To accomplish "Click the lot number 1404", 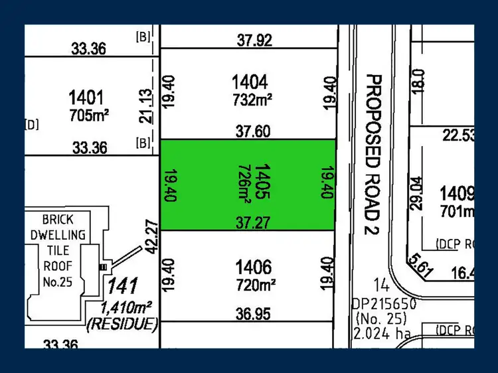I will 250,82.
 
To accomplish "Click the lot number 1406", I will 253,268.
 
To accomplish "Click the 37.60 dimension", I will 253,132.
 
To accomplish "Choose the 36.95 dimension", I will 253,314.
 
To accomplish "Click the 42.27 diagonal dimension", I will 152,236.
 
